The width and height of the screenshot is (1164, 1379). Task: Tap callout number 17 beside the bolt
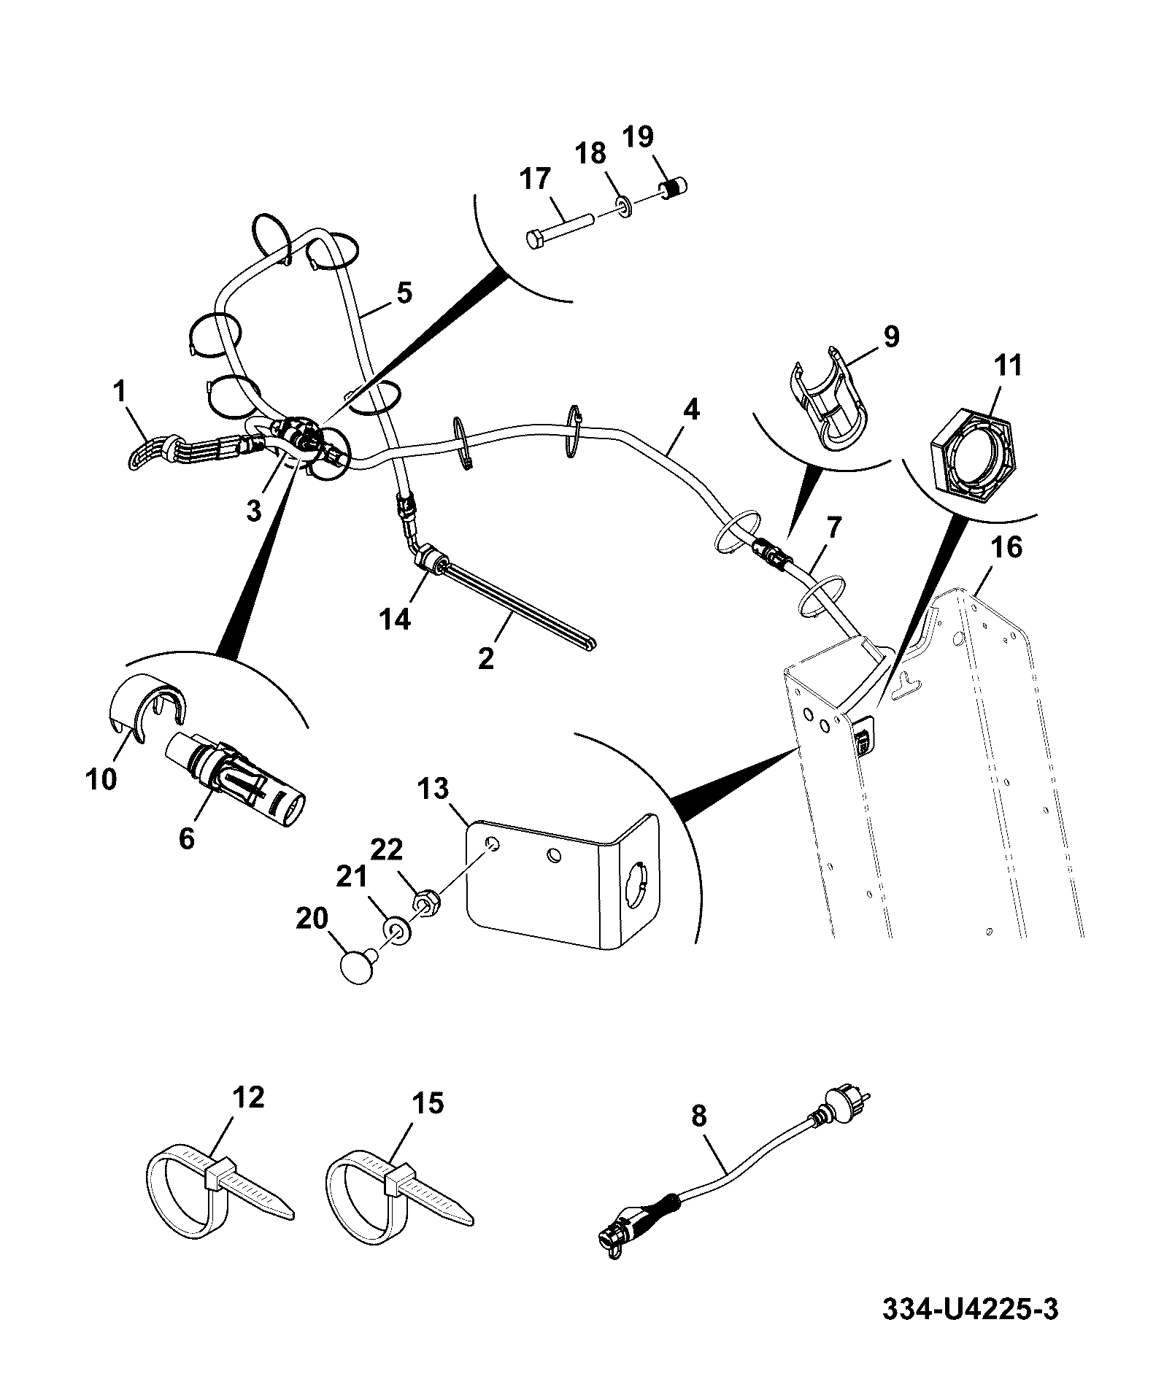pyautogui.click(x=536, y=179)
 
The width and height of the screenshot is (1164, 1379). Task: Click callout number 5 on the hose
pyautogui.click(x=404, y=293)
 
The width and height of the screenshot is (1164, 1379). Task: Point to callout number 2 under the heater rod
pyautogui.click(x=486, y=657)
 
